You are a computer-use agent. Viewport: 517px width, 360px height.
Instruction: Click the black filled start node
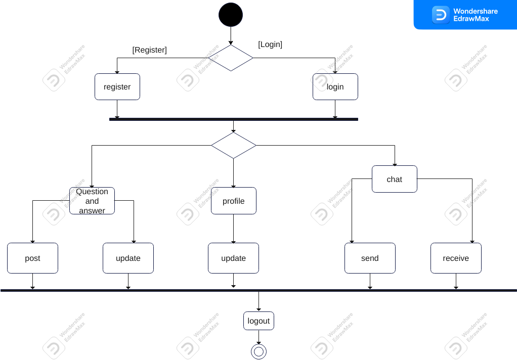(x=231, y=15)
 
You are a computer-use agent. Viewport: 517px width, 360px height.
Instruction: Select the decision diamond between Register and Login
(x=231, y=58)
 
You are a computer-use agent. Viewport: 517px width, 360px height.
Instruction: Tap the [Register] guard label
(x=149, y=50)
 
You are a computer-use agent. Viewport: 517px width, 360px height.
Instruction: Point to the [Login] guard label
(x=270, y=44)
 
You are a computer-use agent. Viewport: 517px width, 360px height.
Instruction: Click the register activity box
(x=117, y=87)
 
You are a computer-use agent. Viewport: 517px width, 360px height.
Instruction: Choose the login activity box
(x=335, y=87)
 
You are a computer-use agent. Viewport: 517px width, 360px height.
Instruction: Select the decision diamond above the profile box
(x=233, y=146)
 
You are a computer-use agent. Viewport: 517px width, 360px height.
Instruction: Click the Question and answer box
(x=92, y=201)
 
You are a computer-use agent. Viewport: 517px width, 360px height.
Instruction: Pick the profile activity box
(x=233, y=201)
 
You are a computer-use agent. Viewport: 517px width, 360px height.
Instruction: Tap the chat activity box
(x=394, y=179)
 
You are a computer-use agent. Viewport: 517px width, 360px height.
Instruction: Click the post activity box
(x=32, y=258)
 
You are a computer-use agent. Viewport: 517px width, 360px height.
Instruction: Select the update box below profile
(x=233, y=258)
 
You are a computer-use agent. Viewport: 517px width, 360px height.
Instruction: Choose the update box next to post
(x=128, y=258)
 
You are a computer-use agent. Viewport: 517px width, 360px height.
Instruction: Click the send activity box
(x=370, y=258)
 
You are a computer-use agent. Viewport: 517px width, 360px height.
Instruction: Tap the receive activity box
(x=456, y=258)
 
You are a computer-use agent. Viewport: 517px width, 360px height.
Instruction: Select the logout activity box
(x=258, y=321)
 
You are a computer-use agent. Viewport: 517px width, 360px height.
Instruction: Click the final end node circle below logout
(x=258, y=351)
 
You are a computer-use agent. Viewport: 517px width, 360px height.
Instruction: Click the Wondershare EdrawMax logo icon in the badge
(x=441, y=15)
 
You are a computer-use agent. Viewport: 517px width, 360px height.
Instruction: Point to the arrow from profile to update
(x=233, y=229)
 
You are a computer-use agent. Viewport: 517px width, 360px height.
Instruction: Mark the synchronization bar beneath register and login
(x=233, y=119)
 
